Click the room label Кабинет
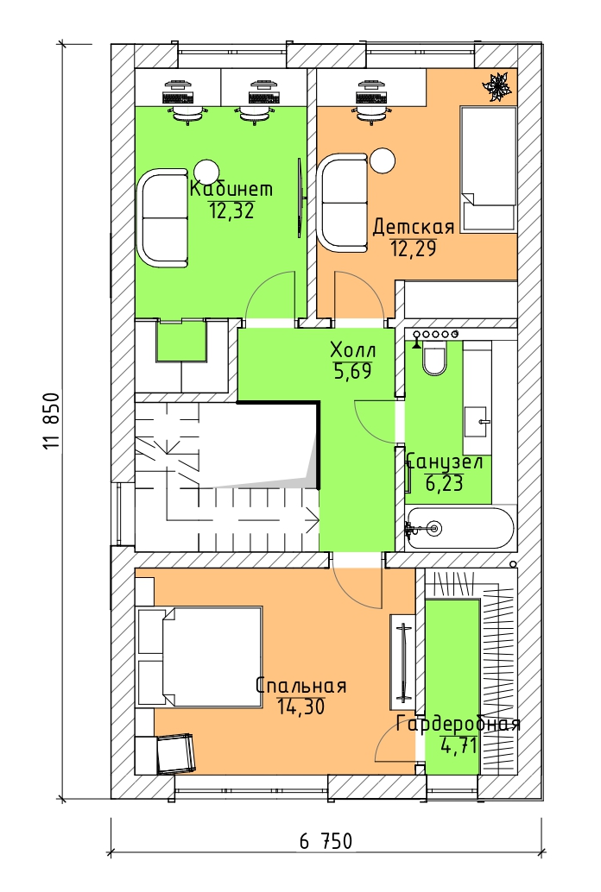[231, 188]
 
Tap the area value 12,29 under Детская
[413, 248]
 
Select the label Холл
[353, 350]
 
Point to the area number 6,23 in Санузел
[444, 484]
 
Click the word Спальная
[300, 686]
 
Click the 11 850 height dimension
[51, 421]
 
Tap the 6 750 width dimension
[326, 841]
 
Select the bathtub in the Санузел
[459, 529]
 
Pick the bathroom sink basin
[478, 422]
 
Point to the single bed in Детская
[489, 170]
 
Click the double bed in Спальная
[200, 656]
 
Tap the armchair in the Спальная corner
[175, 753]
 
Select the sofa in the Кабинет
[162, 217]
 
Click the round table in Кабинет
[206, 170]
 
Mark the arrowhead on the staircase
[313, 518]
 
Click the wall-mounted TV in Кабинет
[300, 197]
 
